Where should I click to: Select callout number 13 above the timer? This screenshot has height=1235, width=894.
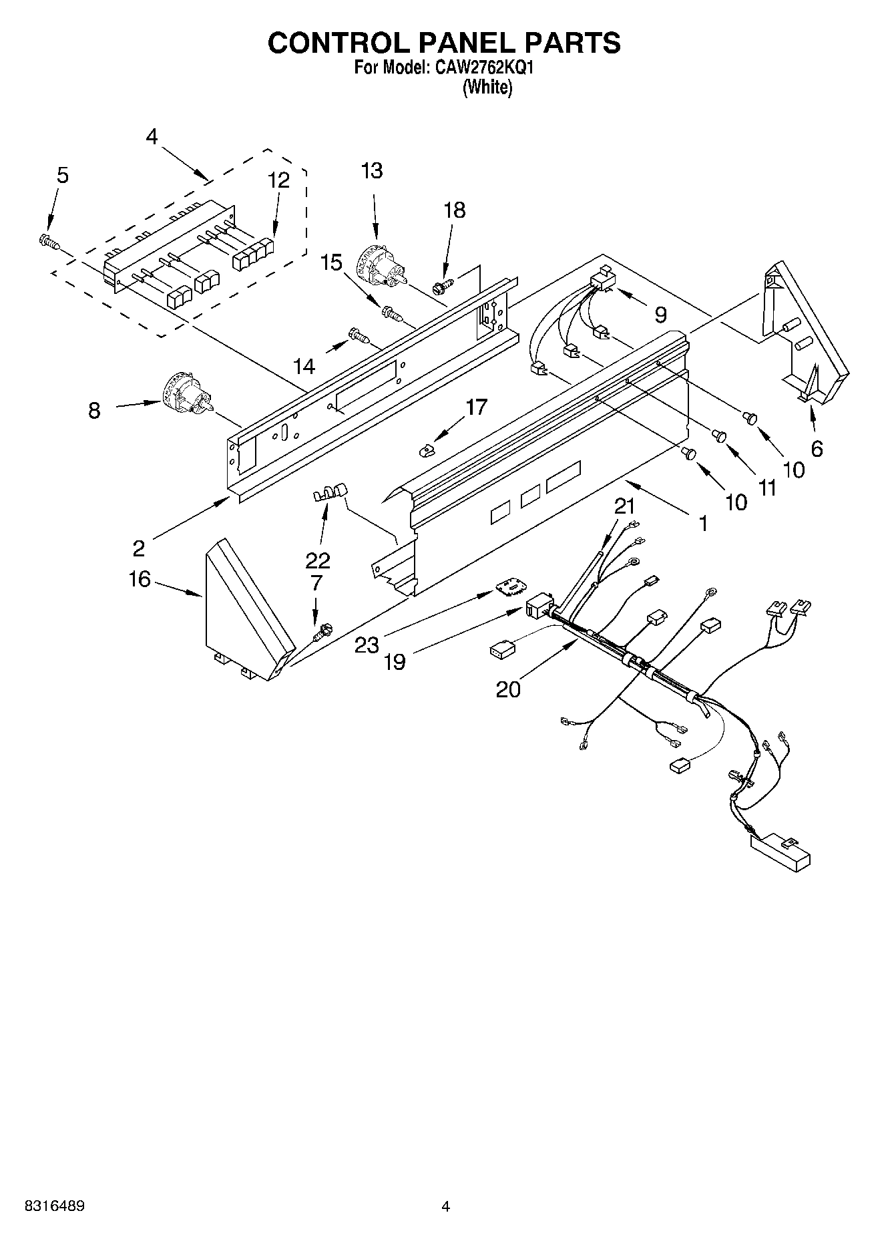372,171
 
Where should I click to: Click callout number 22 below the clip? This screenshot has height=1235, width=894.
318,560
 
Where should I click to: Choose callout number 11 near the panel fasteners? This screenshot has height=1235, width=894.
768,488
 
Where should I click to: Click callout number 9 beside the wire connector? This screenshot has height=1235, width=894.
660,315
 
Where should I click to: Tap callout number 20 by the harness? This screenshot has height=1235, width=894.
508,689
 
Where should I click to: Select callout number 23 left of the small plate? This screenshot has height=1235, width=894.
367,645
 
